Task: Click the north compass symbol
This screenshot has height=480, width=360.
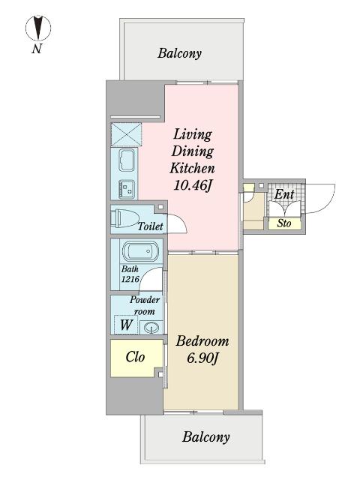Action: pyautogui.click(x=38, y=28)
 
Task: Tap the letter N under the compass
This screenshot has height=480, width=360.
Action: pyautogui.click(x=37, y=49)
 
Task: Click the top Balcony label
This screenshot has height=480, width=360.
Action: pyautogui.click(x=180, y=53)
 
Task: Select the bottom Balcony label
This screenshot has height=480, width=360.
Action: pyautogui.click(x=206, y=436)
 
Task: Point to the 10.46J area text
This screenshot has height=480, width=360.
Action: pyautogui.click(x=193, y=185)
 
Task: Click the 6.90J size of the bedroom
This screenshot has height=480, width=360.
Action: pyautogui.click(x=202, y=358)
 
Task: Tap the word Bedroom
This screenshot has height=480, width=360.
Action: pyautogui.click(x=202, y=341)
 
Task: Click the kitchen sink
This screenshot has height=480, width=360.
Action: pyautogui.click(x=127, y=160)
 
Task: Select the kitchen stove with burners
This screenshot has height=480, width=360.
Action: pyautogui.click(x=127, y=189)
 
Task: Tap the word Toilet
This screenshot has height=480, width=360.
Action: pyautogui.click(x=150, y=226)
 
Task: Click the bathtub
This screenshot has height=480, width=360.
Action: pyautogui.click(x=140, y=251)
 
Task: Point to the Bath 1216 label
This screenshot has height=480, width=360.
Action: pyautogui.click(x=130, y=274)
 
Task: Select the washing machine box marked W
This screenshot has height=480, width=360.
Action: pyautogui.click(x=126, y=325)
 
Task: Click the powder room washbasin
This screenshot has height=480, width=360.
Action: pyautogui.click(x=151, y=328)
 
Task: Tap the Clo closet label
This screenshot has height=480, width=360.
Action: pyautogui.click(x=135, y=357)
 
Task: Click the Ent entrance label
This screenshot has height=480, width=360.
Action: pyautogui.click(x=284, y=194)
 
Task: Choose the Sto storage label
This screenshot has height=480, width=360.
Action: pyautogui.click(x=284, y=223)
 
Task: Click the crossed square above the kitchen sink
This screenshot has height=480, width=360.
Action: pyautogui.click(x=126, y=135)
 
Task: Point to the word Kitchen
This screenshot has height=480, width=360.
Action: pyautogui.click(x=193, y=168)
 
